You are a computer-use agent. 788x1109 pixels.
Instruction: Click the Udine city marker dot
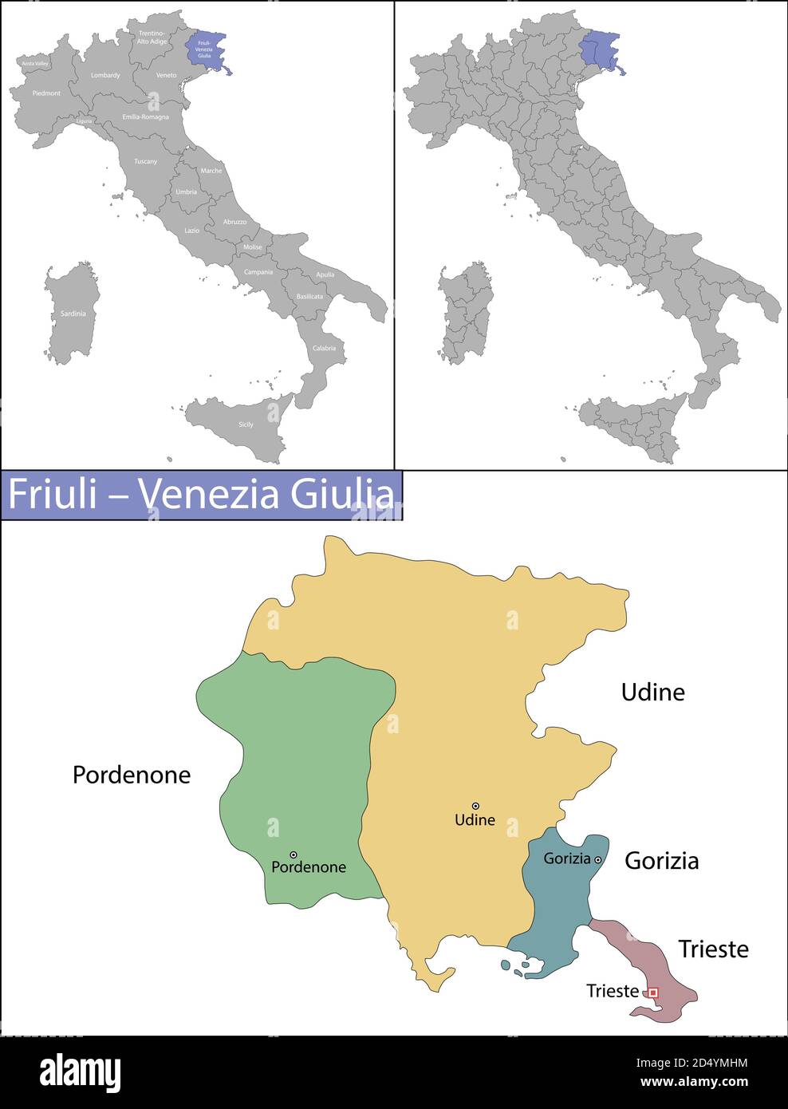click(475, 806)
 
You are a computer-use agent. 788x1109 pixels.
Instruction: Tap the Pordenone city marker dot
click(294, 854)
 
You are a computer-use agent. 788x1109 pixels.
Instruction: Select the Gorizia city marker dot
click(597, 859)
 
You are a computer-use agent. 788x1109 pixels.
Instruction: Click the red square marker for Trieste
click(652, 992)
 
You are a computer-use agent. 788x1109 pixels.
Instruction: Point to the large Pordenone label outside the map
click(132, 775)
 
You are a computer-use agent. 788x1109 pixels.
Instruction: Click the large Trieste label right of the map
click(713, 949)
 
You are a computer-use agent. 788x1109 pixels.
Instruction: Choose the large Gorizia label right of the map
click(661, 860)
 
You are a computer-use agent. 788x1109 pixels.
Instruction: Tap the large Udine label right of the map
click(652, 692)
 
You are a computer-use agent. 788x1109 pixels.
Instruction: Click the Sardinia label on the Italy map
click(73, 314)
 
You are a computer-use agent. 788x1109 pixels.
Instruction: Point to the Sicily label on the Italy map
click(246, 424)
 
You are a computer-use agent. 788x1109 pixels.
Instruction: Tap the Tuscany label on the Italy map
click(145, 161)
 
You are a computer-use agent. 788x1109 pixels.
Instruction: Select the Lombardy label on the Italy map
click(105, 76)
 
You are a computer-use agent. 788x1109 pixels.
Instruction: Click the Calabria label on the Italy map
click(324, 348)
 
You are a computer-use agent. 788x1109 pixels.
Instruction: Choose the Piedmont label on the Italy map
click(46, 93)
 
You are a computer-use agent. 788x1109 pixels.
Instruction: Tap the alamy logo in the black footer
click(80, 1072)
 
